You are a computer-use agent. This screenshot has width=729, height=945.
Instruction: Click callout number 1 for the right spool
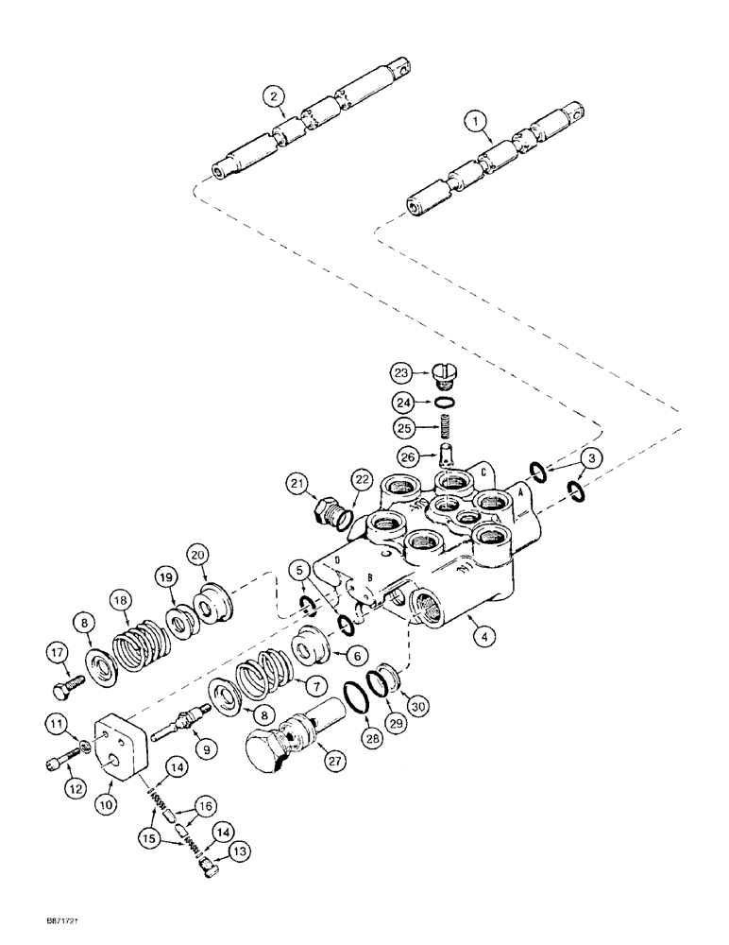474,121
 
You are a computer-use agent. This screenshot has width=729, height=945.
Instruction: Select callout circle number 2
273,96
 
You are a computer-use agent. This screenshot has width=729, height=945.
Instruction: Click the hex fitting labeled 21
327,515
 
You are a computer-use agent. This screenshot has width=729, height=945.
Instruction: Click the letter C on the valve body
483,472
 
